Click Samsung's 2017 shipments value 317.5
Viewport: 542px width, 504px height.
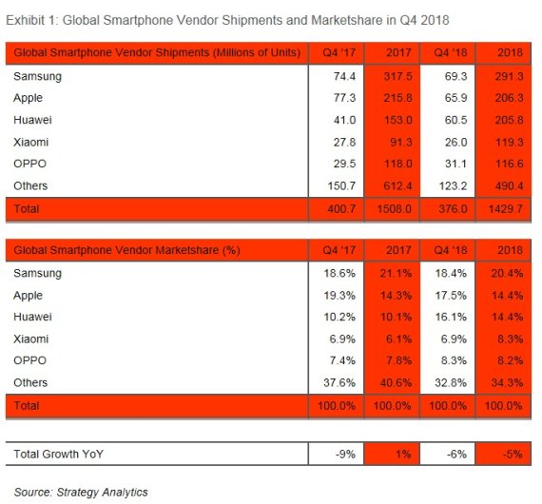click(x=397, y=76)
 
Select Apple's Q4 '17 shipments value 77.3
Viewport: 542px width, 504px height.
click(x=344, y=98)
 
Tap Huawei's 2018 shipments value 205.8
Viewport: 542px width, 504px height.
click(x=509, y=120)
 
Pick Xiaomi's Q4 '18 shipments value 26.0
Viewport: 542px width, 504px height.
click(x=455, y=142)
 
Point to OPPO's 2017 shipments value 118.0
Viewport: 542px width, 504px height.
click(x=397, y=164)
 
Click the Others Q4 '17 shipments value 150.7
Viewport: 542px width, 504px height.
click(x=341, y=185)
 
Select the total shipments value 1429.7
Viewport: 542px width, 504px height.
click(x=506, y=209)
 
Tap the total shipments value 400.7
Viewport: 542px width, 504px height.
click(x=341, y=209)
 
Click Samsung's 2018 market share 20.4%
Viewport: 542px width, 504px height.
click(x=507, y=274)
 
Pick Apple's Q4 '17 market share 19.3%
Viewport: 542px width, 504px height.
click(x=339, y=296)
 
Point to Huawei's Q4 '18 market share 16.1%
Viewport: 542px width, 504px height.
click(x=451, y=317)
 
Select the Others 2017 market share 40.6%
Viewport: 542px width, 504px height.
click(x=396, y=382)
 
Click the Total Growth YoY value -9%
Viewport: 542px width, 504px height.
click(x=345, y=454)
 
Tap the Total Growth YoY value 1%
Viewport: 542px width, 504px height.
click(x=403, y=454)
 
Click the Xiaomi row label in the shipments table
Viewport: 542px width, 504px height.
click(x=30, y=142)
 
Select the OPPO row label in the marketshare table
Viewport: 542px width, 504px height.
click(x=29, y=360)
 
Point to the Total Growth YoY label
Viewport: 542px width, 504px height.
click(x=58, y=454)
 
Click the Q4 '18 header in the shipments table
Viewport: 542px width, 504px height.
click(x=451, y=52)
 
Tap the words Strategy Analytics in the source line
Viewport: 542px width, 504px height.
click(x=102, y=492)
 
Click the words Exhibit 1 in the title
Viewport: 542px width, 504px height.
click(x=31, y=20)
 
